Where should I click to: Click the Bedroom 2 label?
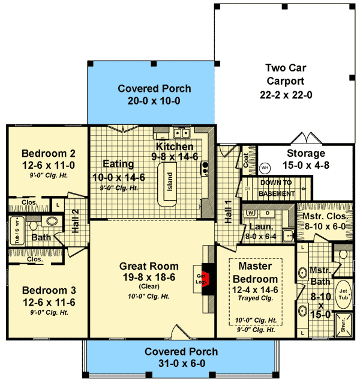click(x=47, y=152)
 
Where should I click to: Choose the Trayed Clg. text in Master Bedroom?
click(x=256, y=299)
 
